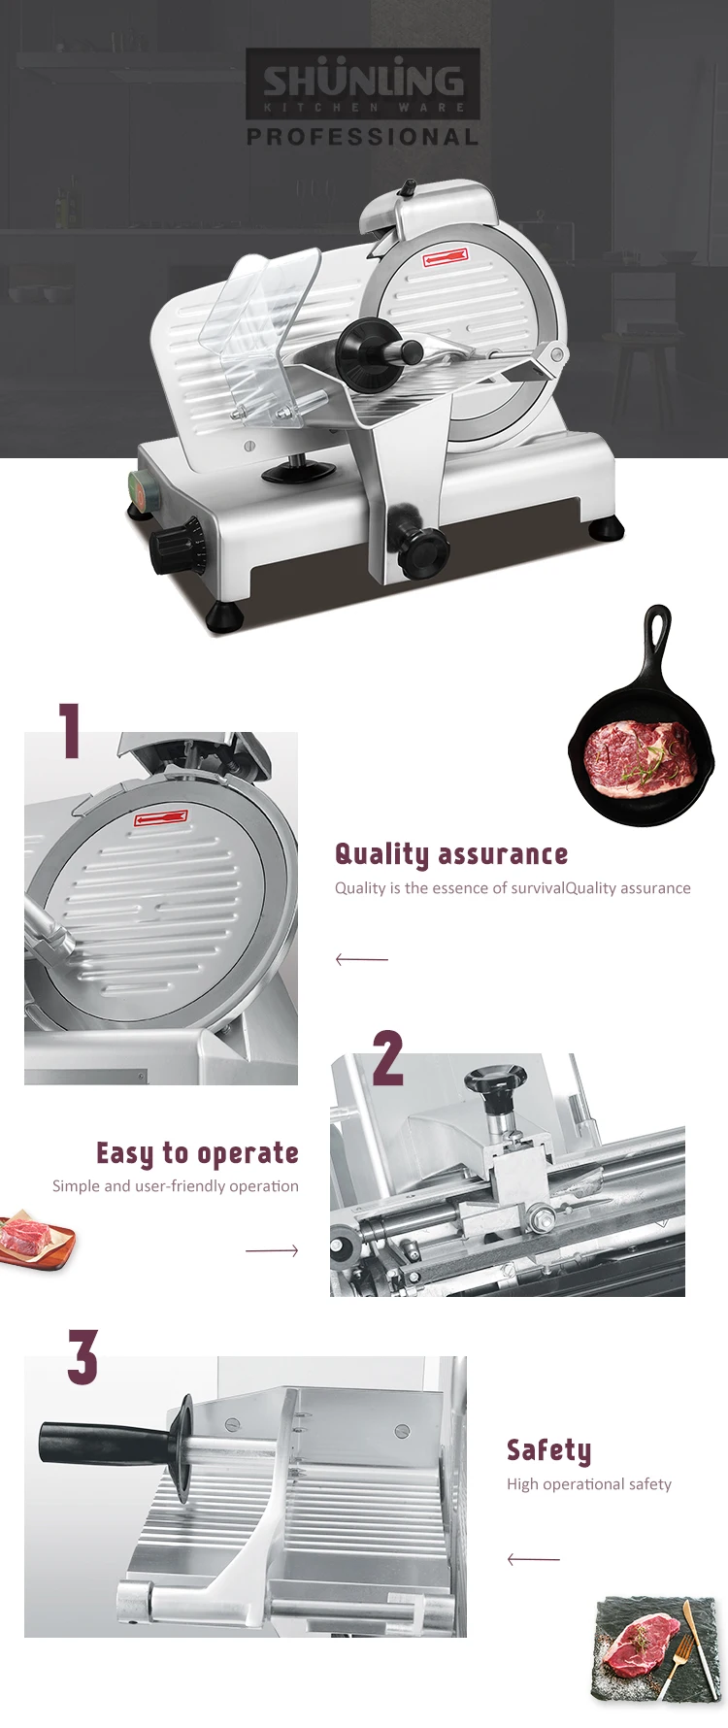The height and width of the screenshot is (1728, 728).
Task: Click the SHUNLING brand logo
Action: point(363,83)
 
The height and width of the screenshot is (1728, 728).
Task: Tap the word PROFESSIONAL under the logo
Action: point(363,137)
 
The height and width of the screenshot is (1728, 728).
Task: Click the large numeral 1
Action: point(69,730)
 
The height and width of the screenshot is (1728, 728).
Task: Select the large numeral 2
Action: point(387,1057)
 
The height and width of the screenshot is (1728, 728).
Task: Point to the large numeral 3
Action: point(83,1356)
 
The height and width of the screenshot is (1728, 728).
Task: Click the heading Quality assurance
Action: point(451,854)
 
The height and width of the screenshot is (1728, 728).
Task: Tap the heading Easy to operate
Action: point(197,1153)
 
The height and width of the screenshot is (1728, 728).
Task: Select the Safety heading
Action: point(548,1450)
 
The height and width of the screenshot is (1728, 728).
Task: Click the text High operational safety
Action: point(589,1484)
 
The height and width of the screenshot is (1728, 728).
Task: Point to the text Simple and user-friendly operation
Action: point(176,1186)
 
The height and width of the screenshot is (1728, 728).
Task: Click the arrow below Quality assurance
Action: point(361,959)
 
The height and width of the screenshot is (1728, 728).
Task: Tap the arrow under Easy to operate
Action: point(272,1250)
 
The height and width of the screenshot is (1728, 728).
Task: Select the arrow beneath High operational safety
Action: point(533,1559)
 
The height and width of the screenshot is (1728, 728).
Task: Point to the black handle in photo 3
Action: point(102,1444)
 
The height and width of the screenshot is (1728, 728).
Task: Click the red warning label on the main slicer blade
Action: point(446,257)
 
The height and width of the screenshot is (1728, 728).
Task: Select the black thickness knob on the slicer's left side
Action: point(177,547)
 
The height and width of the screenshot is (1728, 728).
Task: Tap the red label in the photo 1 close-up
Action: point(161,819)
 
